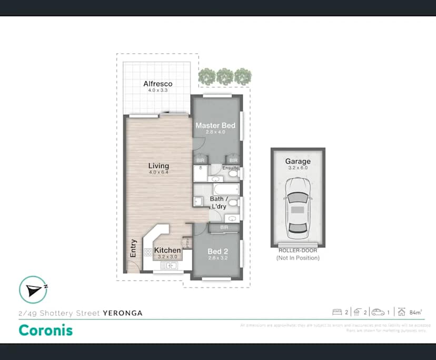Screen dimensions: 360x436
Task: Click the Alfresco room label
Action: click(x=157, y=84)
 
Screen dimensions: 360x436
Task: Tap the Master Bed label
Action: click(x=215, y=126)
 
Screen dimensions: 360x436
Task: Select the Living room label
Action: click(x=158, y=166)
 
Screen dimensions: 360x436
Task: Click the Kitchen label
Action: click(x=167, y=250)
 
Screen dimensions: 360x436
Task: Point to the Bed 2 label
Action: click(x=217, y=251)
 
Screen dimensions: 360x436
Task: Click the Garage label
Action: click(x=298, y=162)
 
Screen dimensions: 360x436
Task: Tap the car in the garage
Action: click(x=298, y=208)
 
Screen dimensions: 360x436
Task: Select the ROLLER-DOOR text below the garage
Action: click(x=298, y=251)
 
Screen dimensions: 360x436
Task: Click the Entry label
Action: click(x=133, y=249)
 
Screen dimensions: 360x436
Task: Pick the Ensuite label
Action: click(x=230, y=168)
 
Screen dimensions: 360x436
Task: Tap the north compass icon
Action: click(x=33, y=289)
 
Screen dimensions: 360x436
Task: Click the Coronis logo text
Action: click(x=46, y=330)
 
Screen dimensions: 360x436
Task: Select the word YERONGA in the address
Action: click(x=123, y=313)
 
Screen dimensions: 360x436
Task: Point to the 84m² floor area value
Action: click(x=415, y=313)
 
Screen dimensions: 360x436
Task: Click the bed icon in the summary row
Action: click(x=337, y=312)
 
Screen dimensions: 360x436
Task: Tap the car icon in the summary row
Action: click(x=378, y=312)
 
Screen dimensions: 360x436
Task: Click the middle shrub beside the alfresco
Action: click(x=225, y=76)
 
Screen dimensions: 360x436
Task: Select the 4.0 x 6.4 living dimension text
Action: click(x=158, y=173)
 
